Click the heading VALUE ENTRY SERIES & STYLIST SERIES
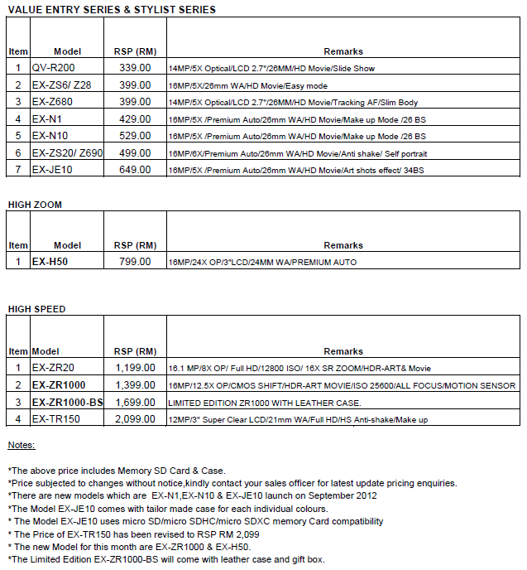click(x=112, y=10)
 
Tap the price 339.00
click(x=135, y=68)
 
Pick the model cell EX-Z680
click(x=55, y=102)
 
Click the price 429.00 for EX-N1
click(x=135, y=119)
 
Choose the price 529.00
click(x=135, y=136)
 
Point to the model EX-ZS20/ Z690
click(x=67, y=153)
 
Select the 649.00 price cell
click(x=135, y=170)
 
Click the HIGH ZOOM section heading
click(x=36, y=204)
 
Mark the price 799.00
click(x=135, y=262)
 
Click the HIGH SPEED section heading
click(x=36, y=309)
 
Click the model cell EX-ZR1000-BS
click(x=67, y=402)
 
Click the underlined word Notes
click(x=22, y=446)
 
